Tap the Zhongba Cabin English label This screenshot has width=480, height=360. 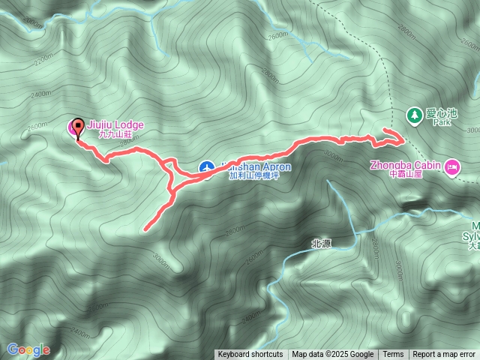point(406,164)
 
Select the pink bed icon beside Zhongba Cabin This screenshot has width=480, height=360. point(451,166)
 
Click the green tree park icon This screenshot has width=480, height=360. point(412,115)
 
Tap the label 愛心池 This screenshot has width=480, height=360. point(441,113)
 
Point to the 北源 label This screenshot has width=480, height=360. point(321,244)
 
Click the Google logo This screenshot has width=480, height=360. point(28,349)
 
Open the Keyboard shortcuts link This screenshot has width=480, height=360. point(250,355)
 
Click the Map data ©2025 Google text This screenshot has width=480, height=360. point(333,355)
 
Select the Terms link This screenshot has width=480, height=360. point(393,355)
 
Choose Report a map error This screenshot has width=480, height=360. point(445,355)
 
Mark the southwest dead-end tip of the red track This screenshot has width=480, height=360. point(144,229)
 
